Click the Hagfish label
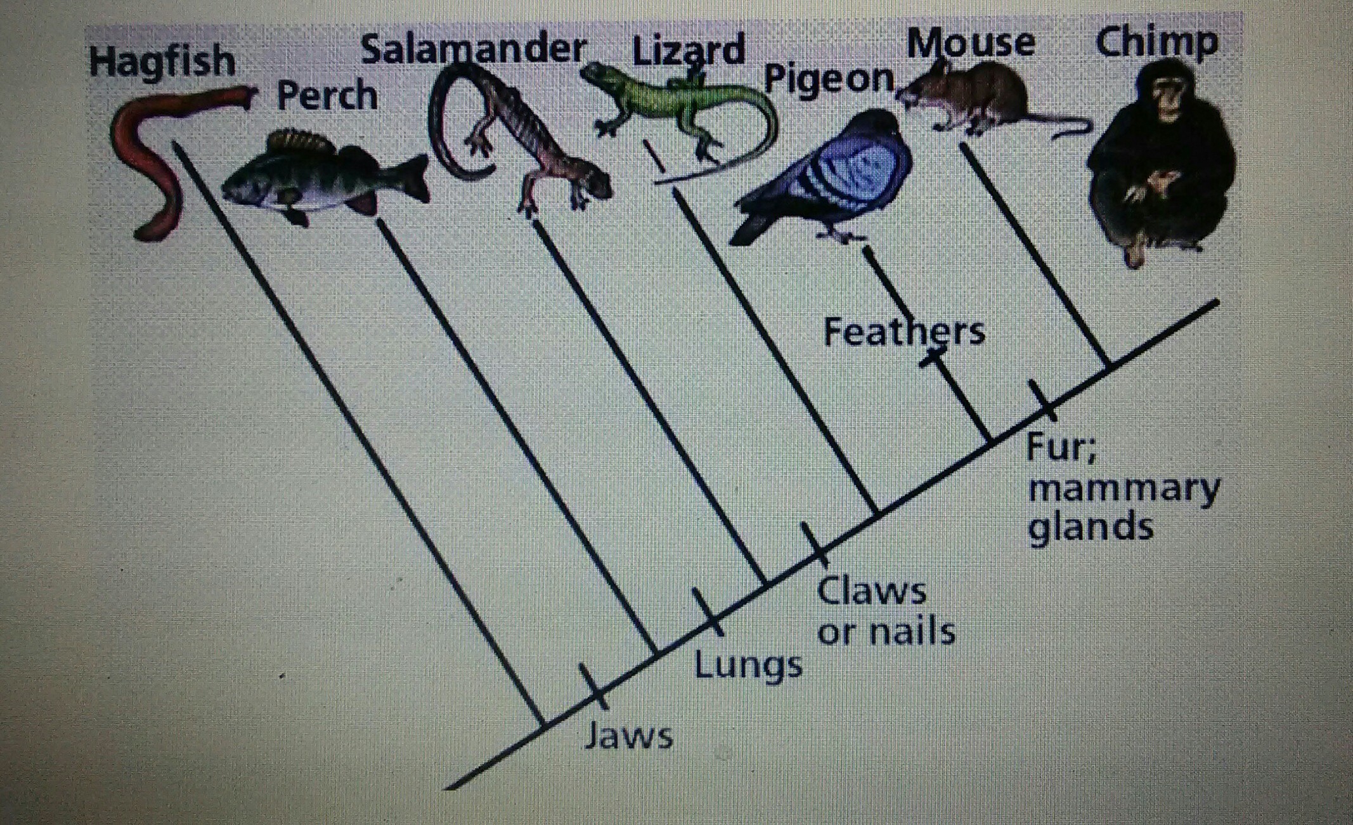[x=162, y=62]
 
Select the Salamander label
[x=473, y=49]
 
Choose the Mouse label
[x=971, y=43]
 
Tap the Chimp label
[x=1156, y=43]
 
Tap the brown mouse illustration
[x=976, y=95]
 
